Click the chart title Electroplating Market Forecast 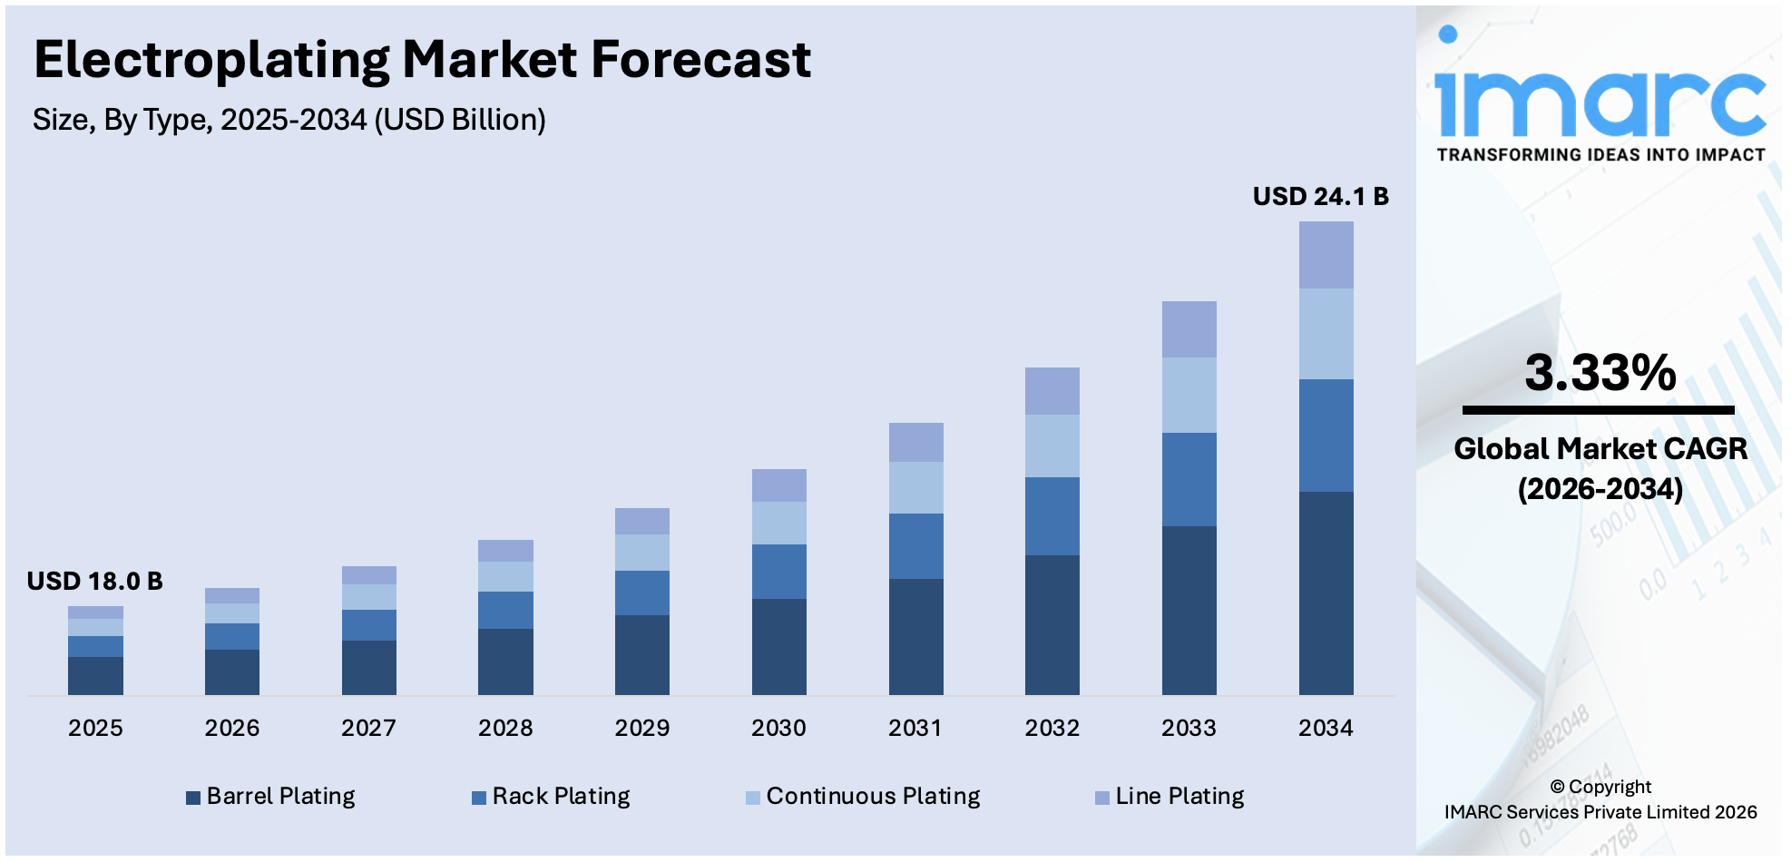pyautogui.click(x=422, y=61)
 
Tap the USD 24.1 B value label pyautogui.click(x=1320, y=197)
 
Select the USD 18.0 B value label pyautogui.click(x=94, y=582)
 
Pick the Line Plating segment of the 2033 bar pyautogui.click(x=1189, y=329)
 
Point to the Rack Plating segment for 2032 pyautogui.click(x=1052, y=516)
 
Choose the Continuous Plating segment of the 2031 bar pyautogui.click(x=915, y=488)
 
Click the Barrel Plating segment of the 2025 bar pyautogui.click(x=95, y=676)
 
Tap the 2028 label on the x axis pyautogui.click(x=505, y=728)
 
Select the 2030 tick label pyautogui.click(x=778, y=728)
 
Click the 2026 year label pyautogui.click(x=231, y=728)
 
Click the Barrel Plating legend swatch pyautogui.click(x=193, y=798)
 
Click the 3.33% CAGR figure pyautogui.click(x=1600, y=373)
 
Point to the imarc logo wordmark pyautogui.click(x=1600, y=100)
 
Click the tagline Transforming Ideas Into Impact pyautogui.click(x=1600, y=155)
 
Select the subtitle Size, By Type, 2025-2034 pyautogui.click(x=289, y=120)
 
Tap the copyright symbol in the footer pyautogui.click(x=1557, y=788)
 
